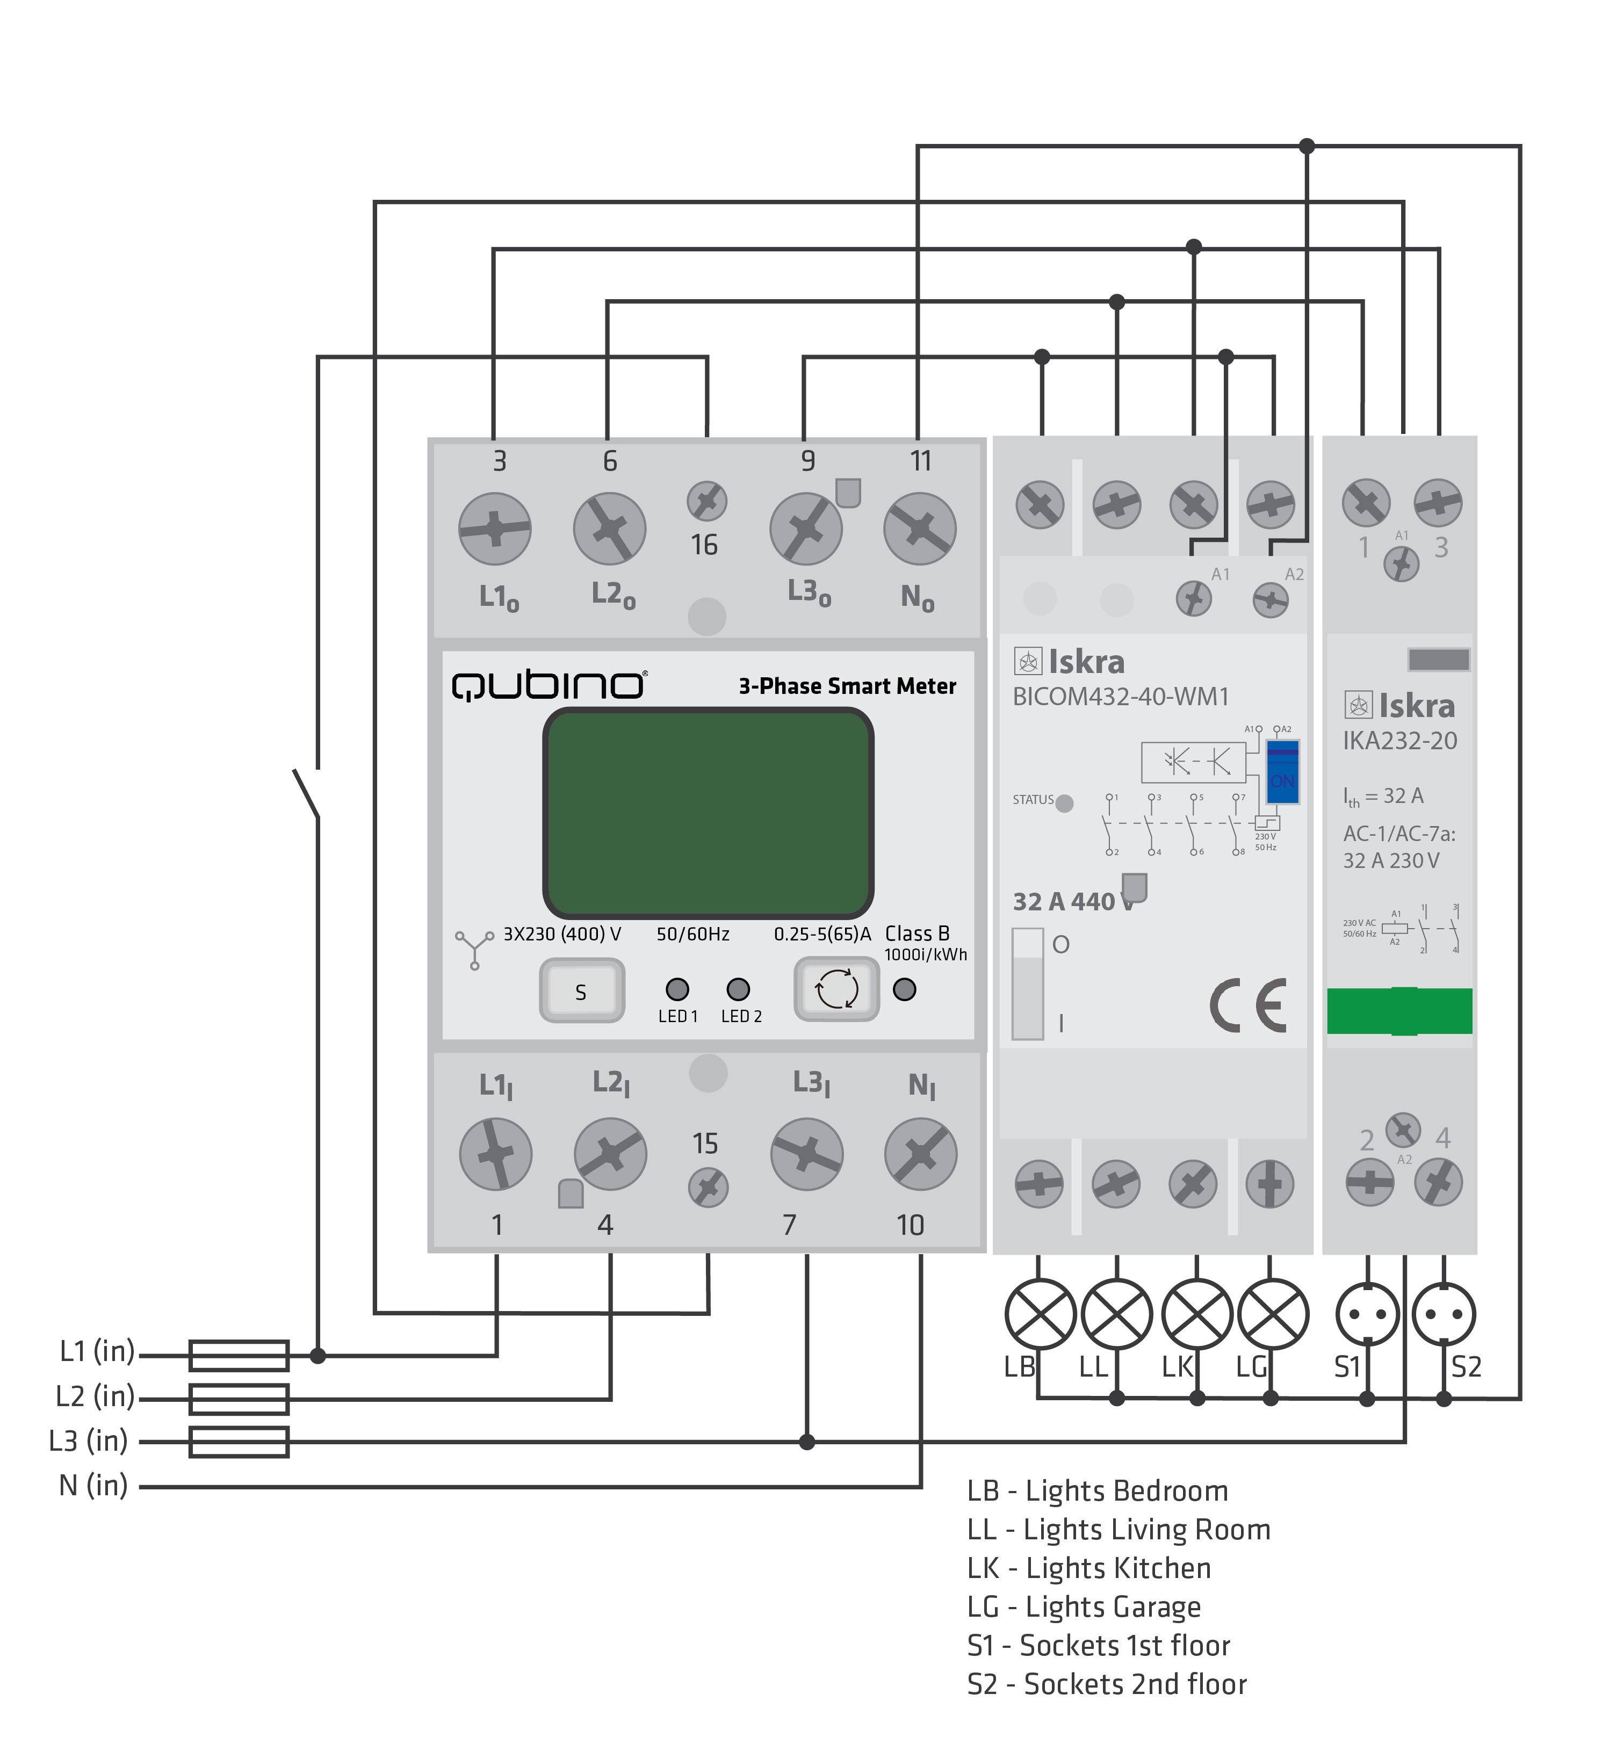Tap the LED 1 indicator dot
677,989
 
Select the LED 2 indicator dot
738,989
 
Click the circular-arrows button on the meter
836,989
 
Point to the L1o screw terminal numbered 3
495,529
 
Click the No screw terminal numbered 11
920,529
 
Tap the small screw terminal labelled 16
707,502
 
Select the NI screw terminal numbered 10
921,1154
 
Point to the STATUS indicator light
1065,804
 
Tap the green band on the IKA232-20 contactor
1399,1011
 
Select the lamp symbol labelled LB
1040,1313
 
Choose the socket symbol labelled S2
1444,1313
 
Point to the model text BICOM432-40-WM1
1120,697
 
